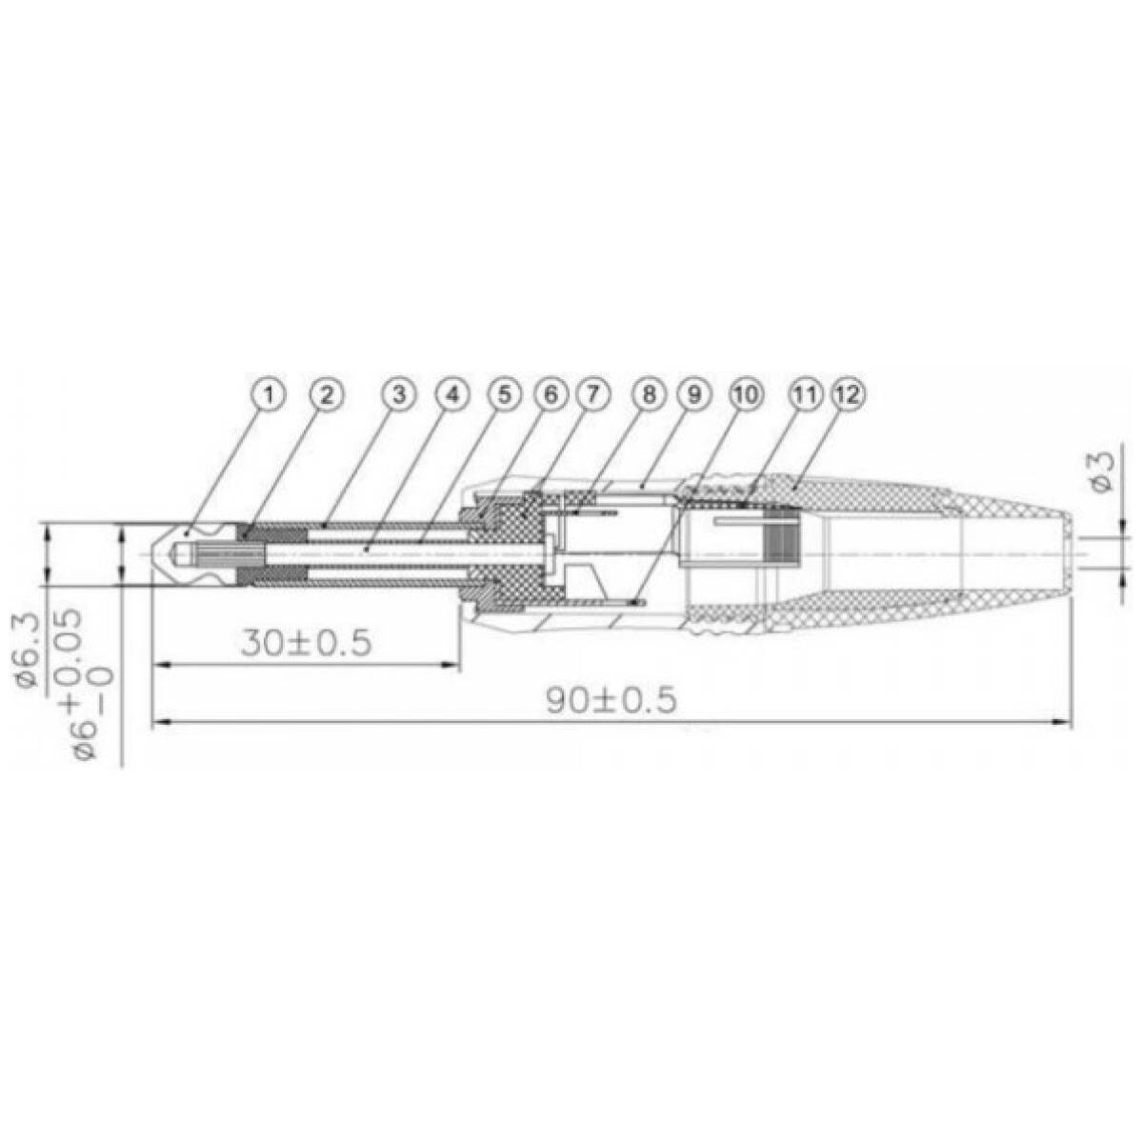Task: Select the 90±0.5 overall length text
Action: coord(612,700)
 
